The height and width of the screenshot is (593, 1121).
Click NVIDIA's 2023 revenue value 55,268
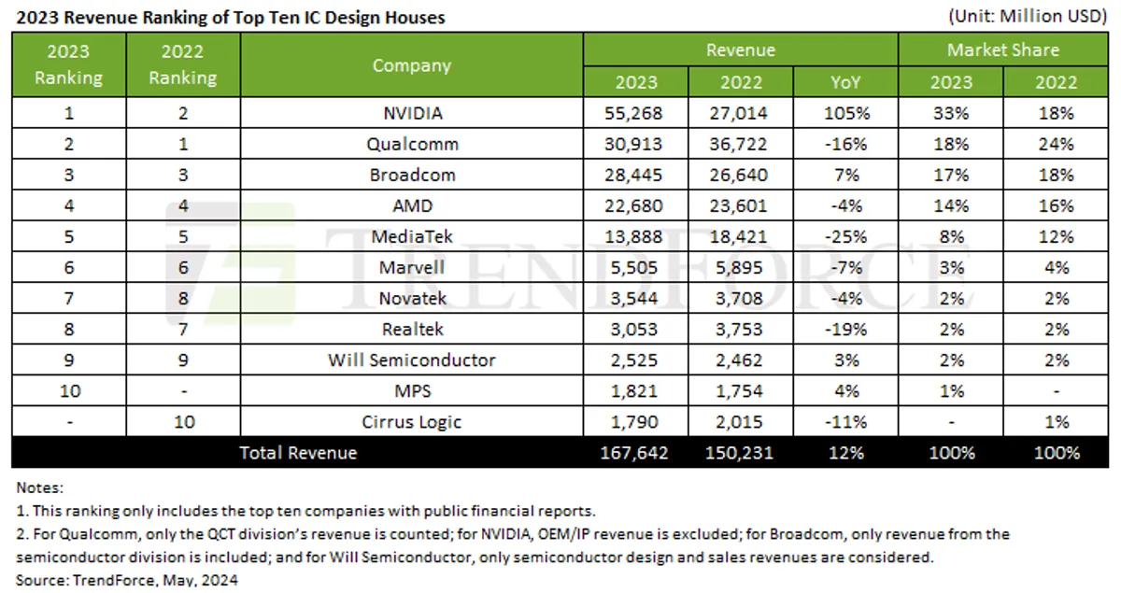[635, 114]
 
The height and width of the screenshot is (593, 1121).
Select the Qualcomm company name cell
[411, 145]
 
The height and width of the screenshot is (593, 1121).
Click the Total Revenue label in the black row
[298, 453]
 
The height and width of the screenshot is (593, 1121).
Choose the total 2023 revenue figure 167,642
[635, 453]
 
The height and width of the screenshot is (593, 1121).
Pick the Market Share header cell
[1003, 49]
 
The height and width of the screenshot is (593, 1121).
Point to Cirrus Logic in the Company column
[411, 422]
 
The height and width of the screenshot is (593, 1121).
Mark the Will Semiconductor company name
[411, 360]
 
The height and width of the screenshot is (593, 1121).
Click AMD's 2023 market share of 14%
[951, 206]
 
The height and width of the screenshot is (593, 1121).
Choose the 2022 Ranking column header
[182, 64]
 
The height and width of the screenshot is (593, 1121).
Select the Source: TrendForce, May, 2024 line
[126, 580]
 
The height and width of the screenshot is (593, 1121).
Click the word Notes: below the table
[40, 487]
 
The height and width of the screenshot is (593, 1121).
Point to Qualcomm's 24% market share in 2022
[1056, 145]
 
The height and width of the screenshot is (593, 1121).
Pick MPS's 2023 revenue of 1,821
[635, 391]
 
